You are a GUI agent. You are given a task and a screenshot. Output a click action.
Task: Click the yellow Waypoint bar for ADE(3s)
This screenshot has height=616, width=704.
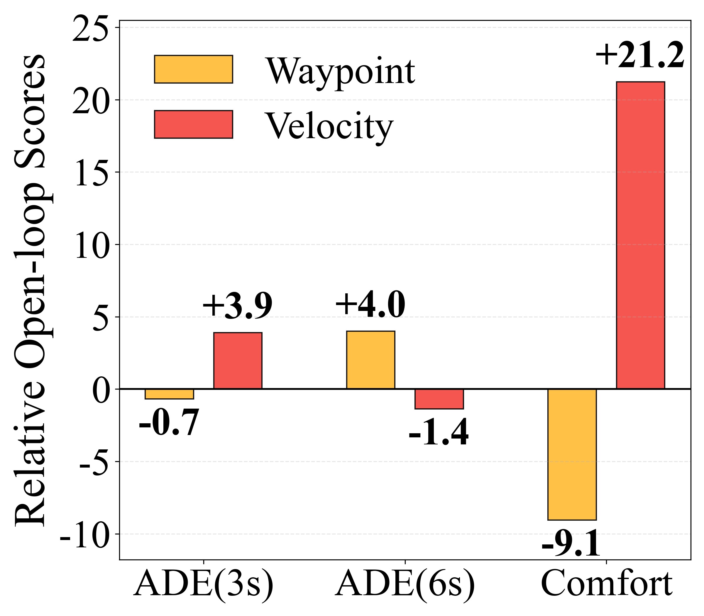169,394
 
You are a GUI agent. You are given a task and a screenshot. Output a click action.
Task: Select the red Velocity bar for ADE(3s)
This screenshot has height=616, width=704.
238,361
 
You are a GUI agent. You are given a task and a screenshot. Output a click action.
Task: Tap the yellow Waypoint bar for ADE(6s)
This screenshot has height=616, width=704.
370,360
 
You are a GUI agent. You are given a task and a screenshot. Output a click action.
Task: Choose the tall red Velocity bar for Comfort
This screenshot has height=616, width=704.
640,235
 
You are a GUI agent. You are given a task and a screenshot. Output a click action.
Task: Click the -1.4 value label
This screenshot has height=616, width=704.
439,432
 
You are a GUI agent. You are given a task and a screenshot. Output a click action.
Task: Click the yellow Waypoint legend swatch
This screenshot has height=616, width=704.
194,69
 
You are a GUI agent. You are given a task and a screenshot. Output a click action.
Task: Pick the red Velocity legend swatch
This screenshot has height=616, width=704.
194,124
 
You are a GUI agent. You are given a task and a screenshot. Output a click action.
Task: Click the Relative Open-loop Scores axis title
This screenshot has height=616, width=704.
30,289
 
